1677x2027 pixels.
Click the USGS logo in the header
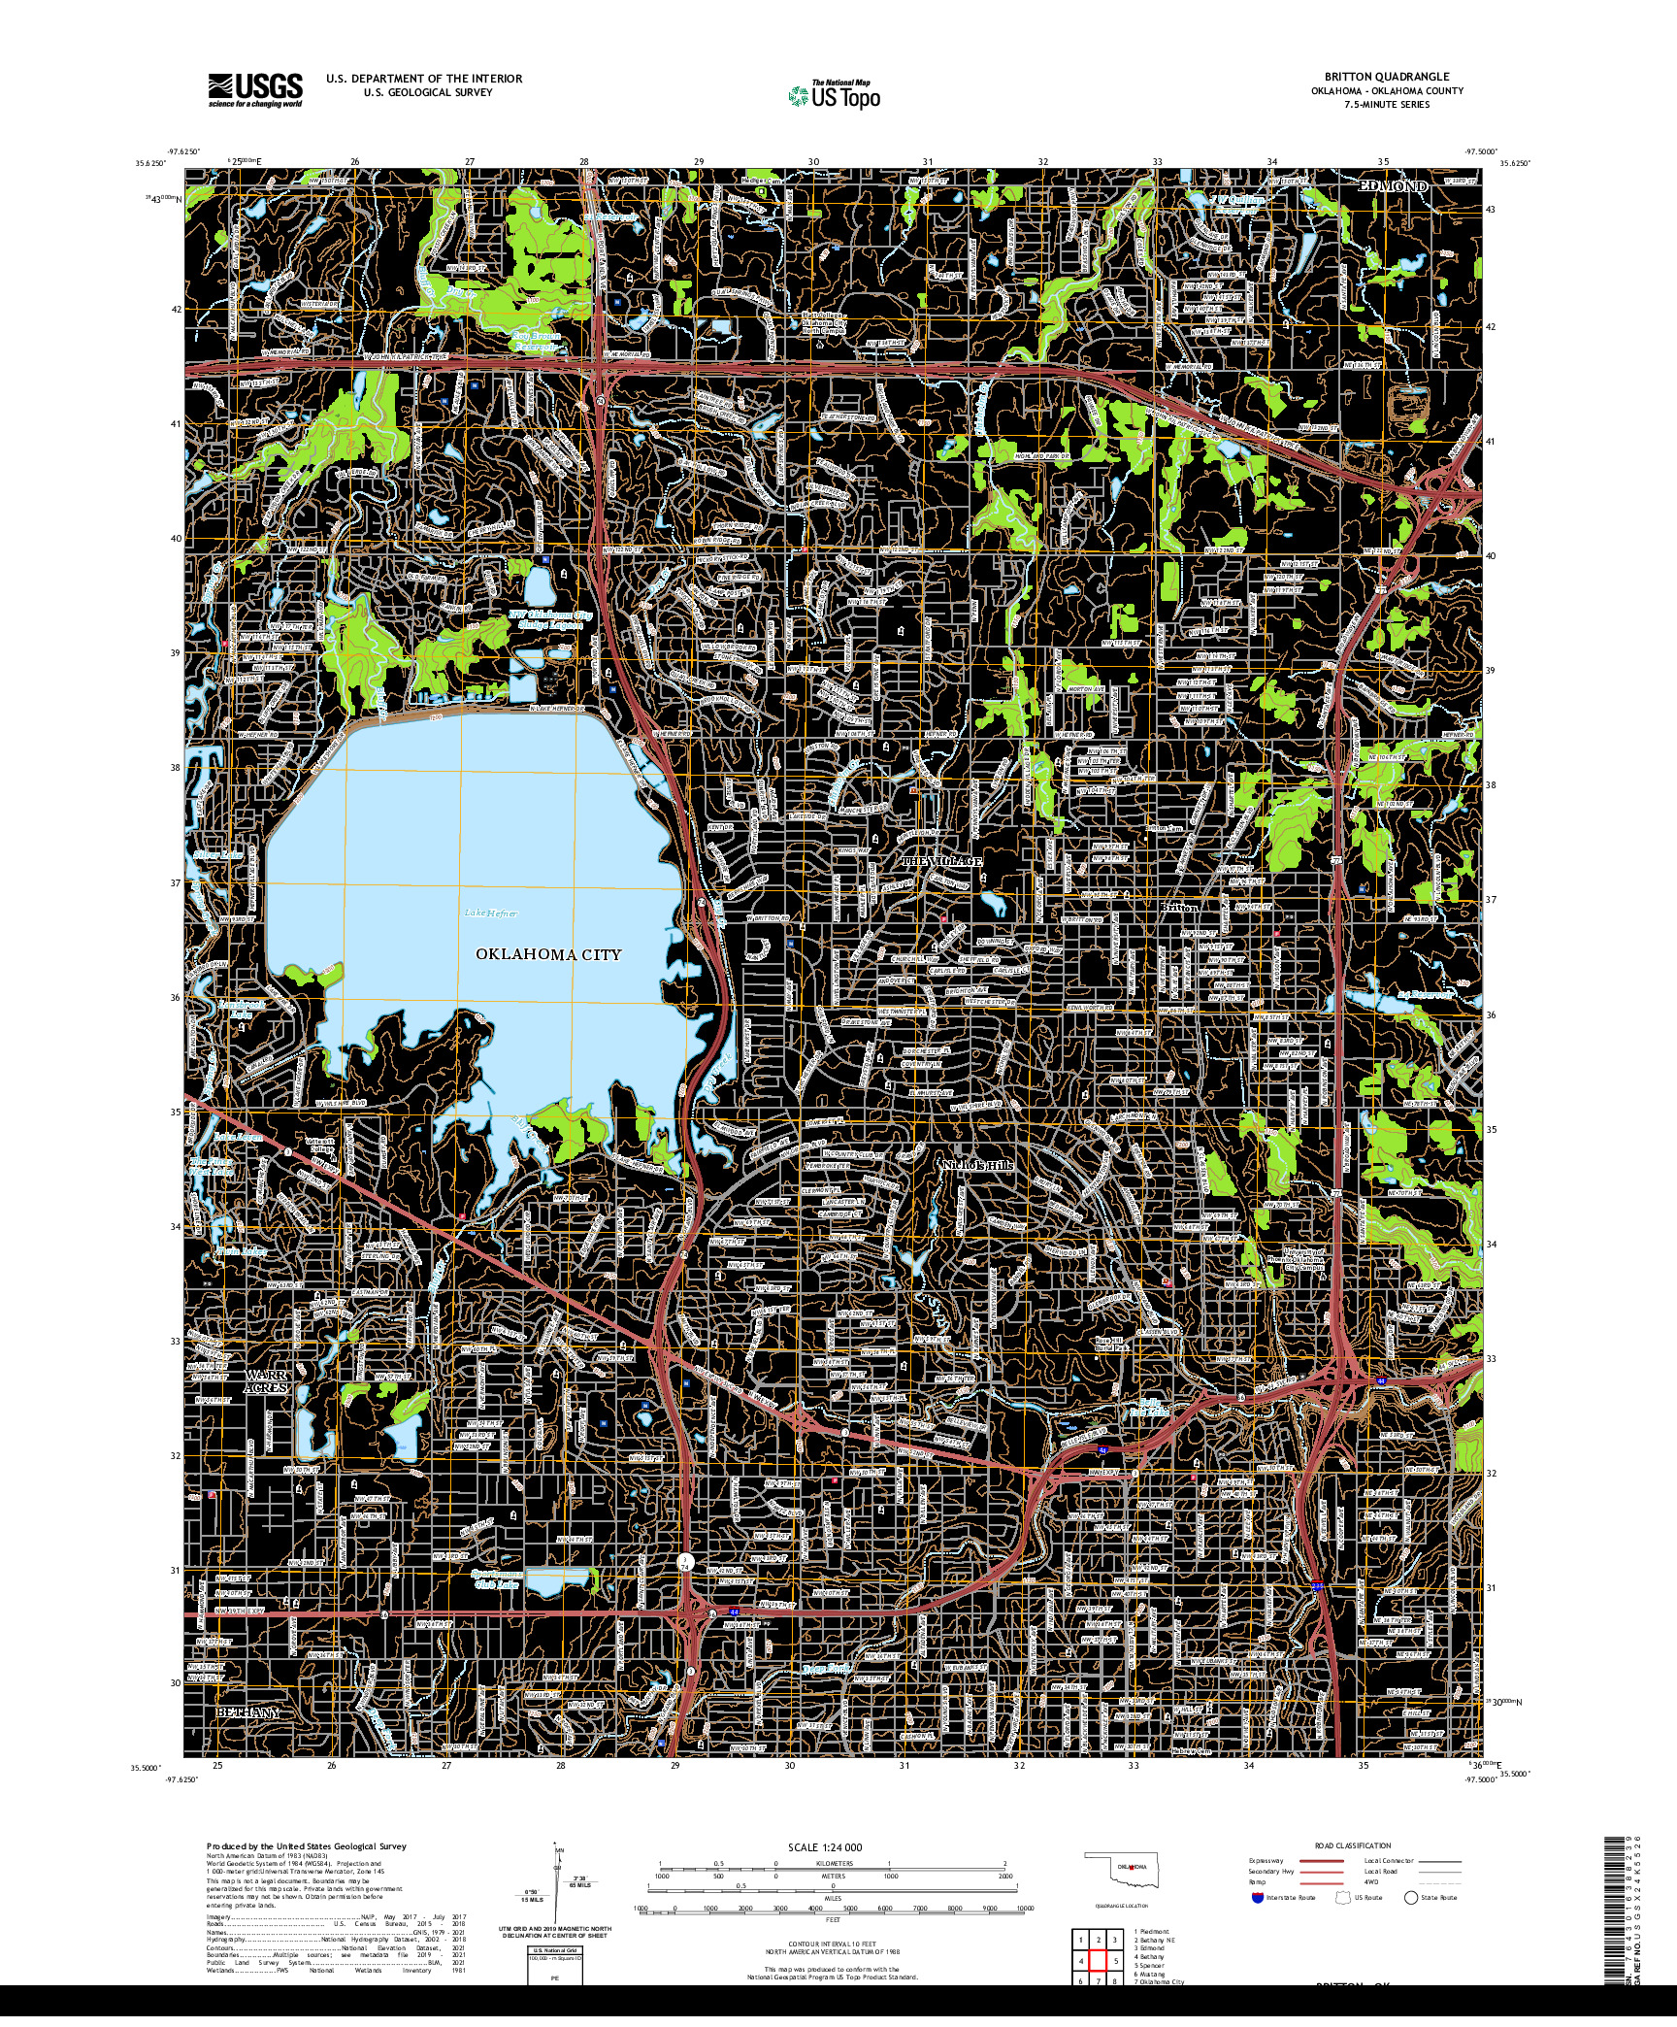coord(255,89)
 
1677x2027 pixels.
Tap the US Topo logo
coord(835,95)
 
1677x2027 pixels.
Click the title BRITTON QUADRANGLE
coord(1387,77)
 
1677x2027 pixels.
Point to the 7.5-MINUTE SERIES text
coord(1387,104)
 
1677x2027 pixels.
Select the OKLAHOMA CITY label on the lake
coord(547,954)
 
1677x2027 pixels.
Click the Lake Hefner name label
coord(490,913)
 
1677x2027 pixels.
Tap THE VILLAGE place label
coord(942,861)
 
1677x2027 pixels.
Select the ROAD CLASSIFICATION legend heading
coord(1354,1845)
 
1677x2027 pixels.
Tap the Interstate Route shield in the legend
coord(1258,1897)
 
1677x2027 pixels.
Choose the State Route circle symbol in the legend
coord(1410,1897)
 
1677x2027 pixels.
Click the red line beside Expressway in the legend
coord(1323,1862)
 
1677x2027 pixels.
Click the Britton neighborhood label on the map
coord(1180,907)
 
